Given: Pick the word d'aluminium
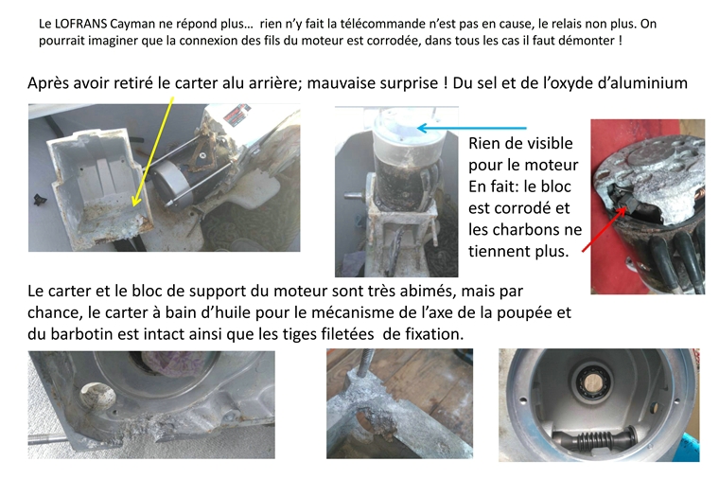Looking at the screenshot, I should (x=634, y=83).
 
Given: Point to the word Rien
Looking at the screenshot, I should (x=486, y=145).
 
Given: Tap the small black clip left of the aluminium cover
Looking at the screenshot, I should (x=39, y=200).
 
